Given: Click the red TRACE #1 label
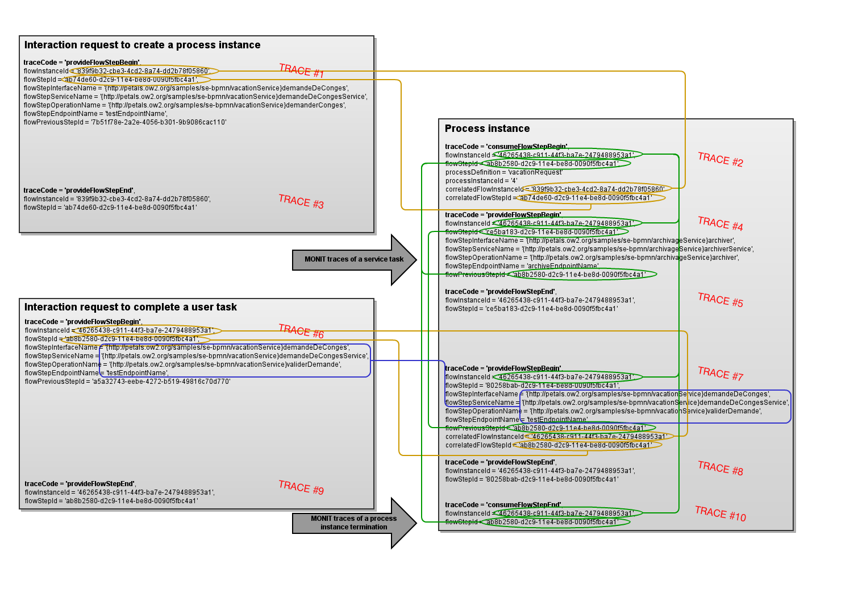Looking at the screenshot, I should [301, 71].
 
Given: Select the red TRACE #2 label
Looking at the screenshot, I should [720, 160].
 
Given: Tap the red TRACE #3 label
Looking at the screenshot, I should [301, 201].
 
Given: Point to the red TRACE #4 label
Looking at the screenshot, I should [720, 223].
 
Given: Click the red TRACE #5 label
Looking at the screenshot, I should [720, 300].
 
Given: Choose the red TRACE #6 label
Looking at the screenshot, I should [301, 331].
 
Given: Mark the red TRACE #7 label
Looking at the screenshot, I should [720, 374].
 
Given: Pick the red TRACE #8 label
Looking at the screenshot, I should [720, 469].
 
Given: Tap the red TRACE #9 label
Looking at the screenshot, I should [301, 487].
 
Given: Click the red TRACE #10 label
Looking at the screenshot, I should [720, 514].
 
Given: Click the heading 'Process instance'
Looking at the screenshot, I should [487, 129].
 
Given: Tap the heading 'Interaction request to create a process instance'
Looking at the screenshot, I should [142, 45].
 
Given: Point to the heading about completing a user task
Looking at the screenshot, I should [130, 307].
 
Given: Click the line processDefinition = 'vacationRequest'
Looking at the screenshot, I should [504, 172].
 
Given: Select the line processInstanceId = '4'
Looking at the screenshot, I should [481, 181].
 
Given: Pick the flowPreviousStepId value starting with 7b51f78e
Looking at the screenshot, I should [159, 122].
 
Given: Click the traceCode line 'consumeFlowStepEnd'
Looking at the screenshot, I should [503, 505].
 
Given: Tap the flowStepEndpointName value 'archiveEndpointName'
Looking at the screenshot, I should [563, 266].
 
